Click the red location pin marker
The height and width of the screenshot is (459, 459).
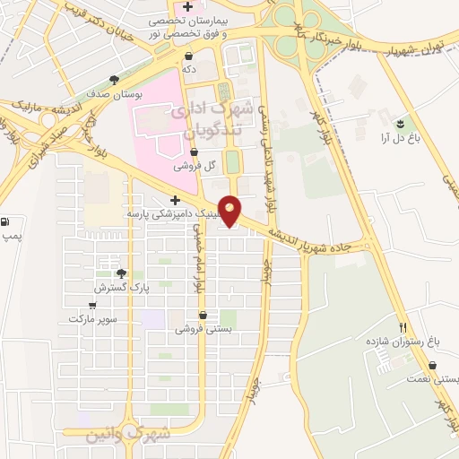coord(231,210)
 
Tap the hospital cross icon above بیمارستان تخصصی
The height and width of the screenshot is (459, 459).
coord(187,7)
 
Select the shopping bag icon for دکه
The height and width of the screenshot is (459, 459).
coord(188,56)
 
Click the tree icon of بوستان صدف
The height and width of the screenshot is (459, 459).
coord(111,79)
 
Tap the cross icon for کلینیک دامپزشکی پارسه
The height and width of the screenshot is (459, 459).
coord(175,200)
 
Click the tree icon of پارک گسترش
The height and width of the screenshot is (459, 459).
coord(120,273)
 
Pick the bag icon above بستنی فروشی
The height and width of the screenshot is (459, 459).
coord(205,316)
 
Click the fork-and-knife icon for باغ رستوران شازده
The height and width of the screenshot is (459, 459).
coord(403,328)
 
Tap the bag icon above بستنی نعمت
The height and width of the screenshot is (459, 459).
coord(433,366)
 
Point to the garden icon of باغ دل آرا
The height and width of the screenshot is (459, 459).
coord(400,124)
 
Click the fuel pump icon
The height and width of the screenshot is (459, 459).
coord(7,221)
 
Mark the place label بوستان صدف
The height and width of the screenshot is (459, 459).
coord(111,93)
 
